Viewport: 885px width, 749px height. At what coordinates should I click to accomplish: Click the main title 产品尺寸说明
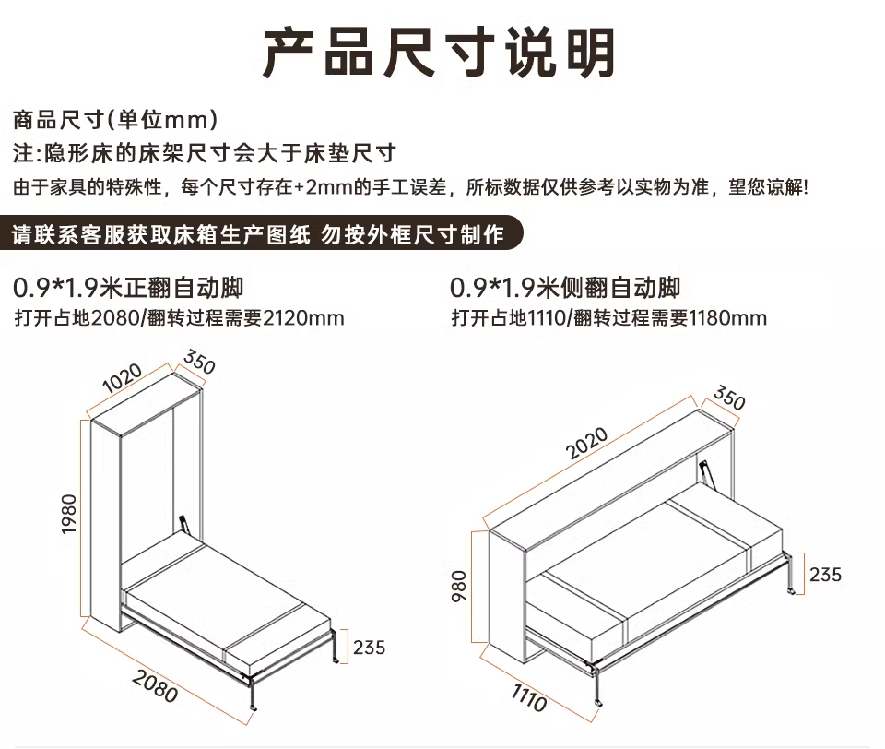pos(440,52)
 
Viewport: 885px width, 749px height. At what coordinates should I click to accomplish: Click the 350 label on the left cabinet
pos(199,363)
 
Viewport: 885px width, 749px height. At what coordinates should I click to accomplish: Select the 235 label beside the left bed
pos(369,647)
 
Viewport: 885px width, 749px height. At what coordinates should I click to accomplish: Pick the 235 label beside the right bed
pos(825,574)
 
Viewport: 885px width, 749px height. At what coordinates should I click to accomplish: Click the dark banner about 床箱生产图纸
pos(258,234)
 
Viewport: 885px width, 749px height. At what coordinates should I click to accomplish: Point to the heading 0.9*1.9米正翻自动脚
pos(129,287)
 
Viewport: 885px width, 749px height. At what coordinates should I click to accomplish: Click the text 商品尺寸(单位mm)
pos(115,119)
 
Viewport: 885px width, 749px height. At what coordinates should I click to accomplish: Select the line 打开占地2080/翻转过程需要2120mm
pos(181,319)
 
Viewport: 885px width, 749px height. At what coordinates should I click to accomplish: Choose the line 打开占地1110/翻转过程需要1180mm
pos(609,319)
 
